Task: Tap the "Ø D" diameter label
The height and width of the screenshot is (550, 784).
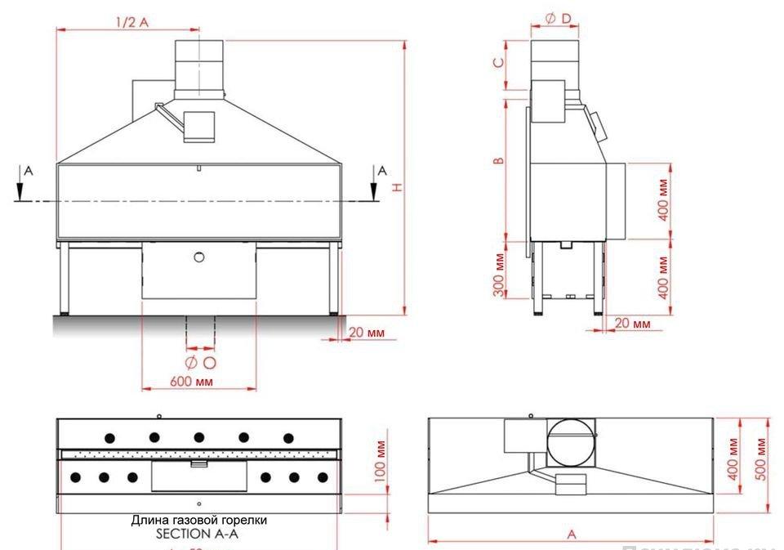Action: coord(555,17)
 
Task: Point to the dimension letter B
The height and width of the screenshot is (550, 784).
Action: coord(498,160)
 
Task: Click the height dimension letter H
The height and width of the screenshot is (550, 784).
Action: coord(397,187)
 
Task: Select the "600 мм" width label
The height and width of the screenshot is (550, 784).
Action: coord(193,382)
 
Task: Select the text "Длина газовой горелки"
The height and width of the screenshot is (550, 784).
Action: coord(198,520)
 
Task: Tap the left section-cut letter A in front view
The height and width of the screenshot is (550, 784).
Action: coord(28,171)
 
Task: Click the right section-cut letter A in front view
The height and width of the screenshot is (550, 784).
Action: coord(381,171)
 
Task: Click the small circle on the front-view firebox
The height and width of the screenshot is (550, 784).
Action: coord(198,257)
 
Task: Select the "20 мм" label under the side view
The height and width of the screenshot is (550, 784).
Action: coord(632,324)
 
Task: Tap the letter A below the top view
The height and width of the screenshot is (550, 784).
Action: coord(572,534)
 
